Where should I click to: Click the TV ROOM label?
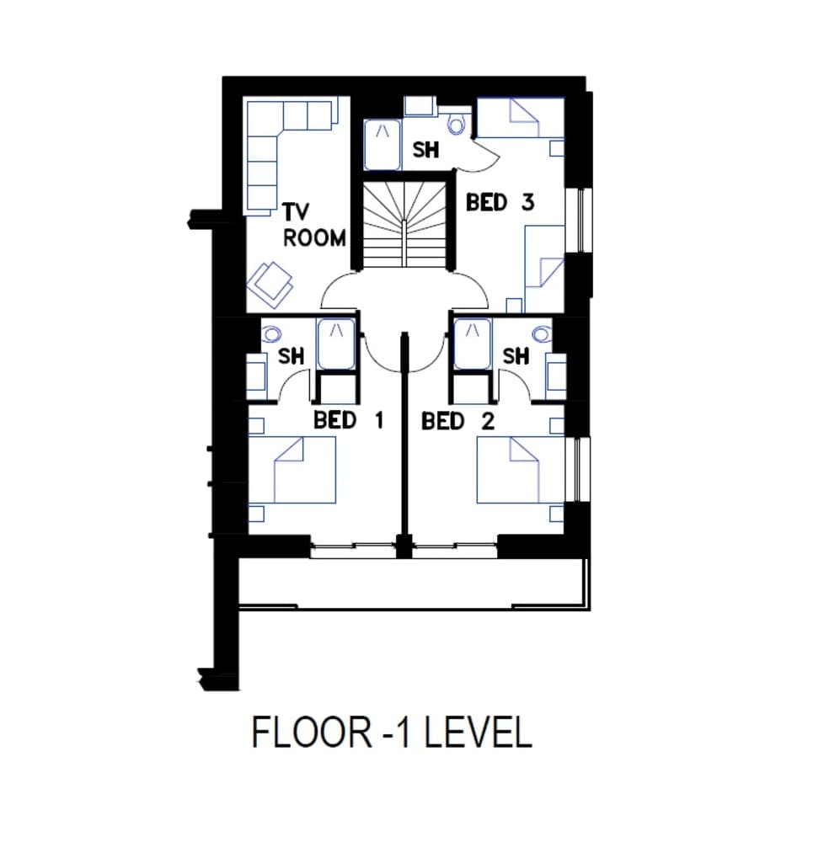[x=313, y=225]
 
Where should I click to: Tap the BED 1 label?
[x=348, y=420]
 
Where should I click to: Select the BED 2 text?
[x=457, y=421]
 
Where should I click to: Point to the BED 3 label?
[x=500, y=203]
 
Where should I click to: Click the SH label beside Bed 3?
[x=425, y=150]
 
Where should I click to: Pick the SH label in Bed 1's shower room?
[x=291, y=356]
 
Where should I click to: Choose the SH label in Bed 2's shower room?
[x=515, y=356]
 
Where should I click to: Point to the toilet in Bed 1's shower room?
[x=271, y=333]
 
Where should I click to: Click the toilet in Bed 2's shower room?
[x=541, y=334]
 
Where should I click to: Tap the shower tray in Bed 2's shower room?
[x=472, y=343]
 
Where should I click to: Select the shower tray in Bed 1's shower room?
[x=336, y=343]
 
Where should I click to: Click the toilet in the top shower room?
[x=457, y=125]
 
